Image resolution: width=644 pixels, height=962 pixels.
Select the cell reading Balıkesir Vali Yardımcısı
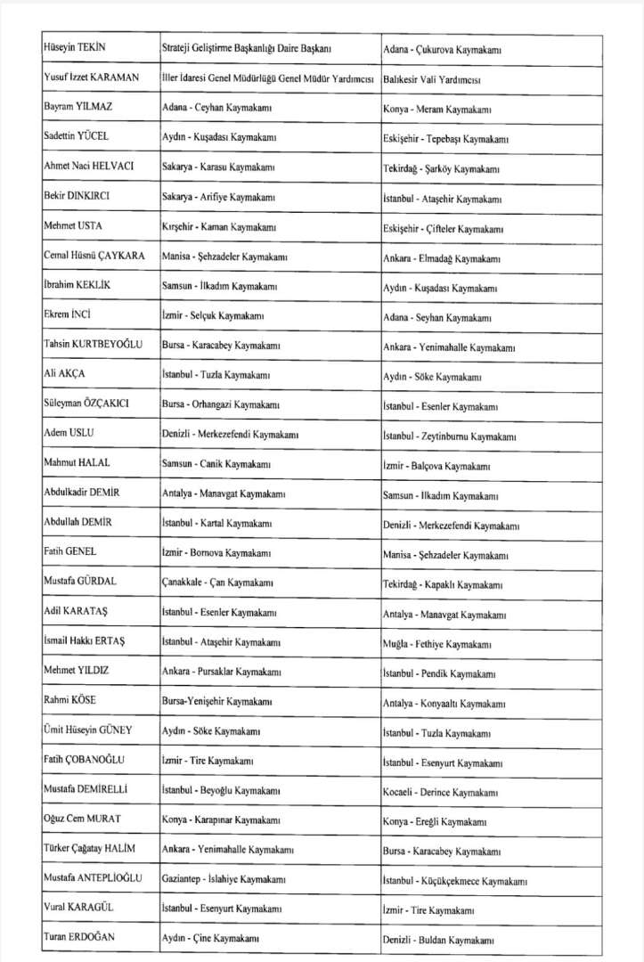pos(432,79)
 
